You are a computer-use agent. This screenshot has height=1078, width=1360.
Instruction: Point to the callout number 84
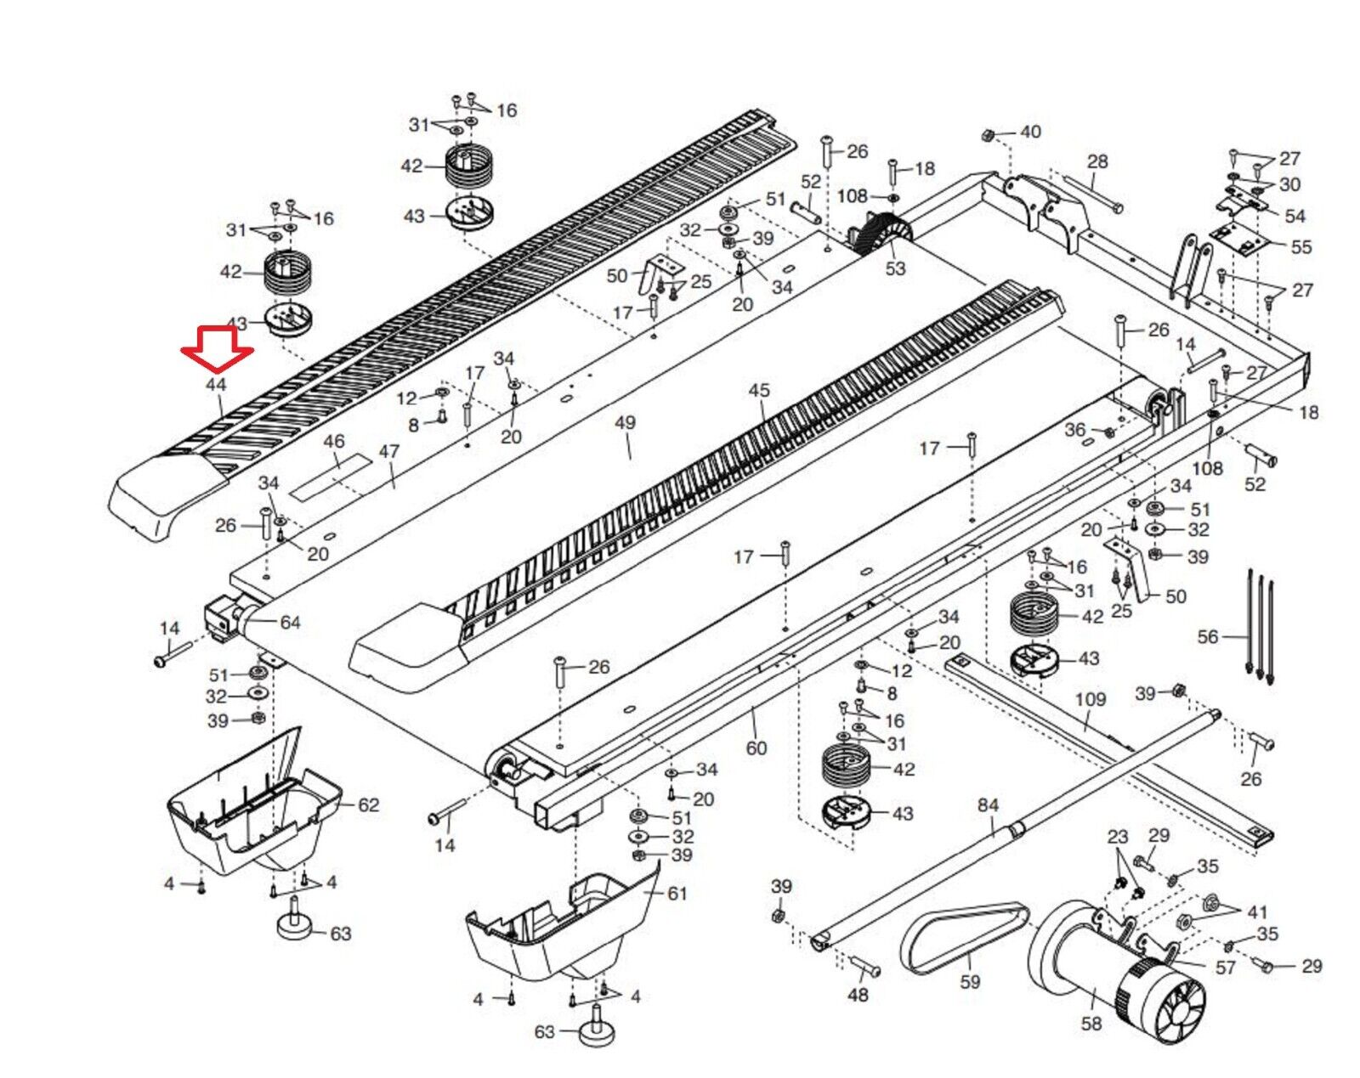click(988, 804)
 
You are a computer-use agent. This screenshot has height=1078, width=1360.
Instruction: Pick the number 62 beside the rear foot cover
click(368, 804)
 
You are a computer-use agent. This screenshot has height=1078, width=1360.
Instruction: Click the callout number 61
click(677, 893)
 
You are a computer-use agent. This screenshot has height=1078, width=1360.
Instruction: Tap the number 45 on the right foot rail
click(758, 390)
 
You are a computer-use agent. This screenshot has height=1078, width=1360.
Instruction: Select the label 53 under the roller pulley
click(895, 268)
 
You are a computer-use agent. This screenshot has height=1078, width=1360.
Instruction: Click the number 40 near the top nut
click(1030, 132)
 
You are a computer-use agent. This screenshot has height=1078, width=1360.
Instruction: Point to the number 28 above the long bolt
click(1097, 161)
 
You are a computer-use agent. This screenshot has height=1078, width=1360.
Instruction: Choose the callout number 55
click(1301, 247)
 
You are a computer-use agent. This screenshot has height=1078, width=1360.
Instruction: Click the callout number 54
click(1295, 217)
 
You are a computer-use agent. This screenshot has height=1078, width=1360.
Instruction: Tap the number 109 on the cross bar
click(1091, 699)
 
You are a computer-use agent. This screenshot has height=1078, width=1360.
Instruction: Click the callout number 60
click(756, 748)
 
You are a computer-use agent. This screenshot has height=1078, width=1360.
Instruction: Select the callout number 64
click(291, 623)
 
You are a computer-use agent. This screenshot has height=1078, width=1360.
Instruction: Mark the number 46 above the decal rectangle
click(334, 442)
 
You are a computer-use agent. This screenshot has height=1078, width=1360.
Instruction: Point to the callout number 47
click(388, 451)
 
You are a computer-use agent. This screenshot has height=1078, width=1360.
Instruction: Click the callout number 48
click(858, 994)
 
